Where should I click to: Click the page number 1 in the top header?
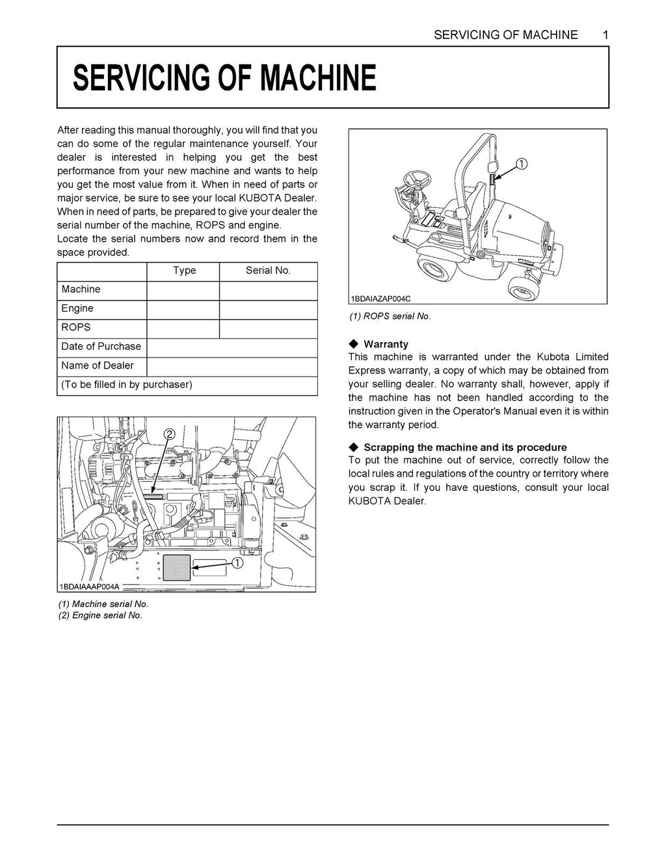(605, 35)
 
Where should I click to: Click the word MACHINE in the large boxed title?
(318, 79)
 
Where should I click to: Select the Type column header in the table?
(184, 270)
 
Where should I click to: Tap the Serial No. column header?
(268, 270)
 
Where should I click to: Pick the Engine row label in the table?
(77, 308)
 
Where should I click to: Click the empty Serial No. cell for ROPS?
(268, 328)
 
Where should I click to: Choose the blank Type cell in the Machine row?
(183, 290)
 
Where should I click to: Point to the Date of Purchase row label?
(101, 346)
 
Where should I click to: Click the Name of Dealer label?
(98, 365)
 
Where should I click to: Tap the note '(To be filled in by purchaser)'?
(127, 384)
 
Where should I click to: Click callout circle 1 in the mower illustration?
(522, 163)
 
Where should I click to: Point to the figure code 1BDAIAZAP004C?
(381, 299)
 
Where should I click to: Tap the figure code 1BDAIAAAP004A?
(90, 586)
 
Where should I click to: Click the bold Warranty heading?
(386, 344)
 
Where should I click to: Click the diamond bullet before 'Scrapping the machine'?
(354, 447)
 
